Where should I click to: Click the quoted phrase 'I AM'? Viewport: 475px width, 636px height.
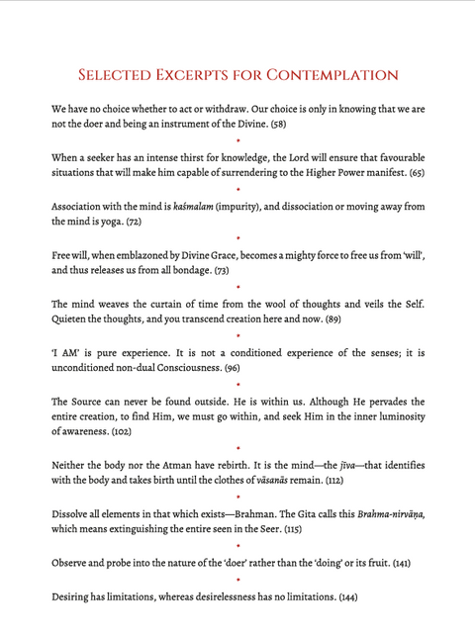click(x=67, y=351)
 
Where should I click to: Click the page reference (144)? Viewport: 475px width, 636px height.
click(x=346, y=596)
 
